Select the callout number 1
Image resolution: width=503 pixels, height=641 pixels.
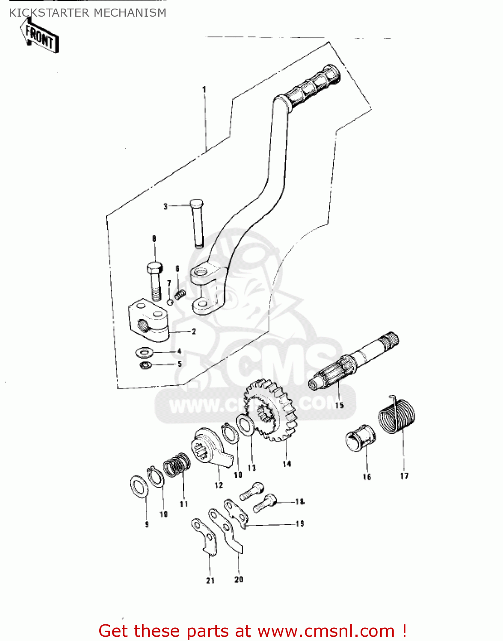click(204, 89)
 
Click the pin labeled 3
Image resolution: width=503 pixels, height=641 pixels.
click(197, 223)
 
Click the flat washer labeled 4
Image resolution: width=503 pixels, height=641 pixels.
click(145, 353)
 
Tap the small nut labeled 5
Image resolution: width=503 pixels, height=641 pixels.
click(145, 365)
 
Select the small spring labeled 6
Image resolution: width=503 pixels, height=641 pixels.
click(180, 294)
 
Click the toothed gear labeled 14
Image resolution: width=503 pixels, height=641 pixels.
click(270, 410)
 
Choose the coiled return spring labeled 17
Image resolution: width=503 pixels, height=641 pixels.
click(396, 415)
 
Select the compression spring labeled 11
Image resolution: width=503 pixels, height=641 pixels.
click(177, 465)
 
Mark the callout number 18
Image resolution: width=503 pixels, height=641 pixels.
click(299, 502)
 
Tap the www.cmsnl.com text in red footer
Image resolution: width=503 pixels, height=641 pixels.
click(326, 631)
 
